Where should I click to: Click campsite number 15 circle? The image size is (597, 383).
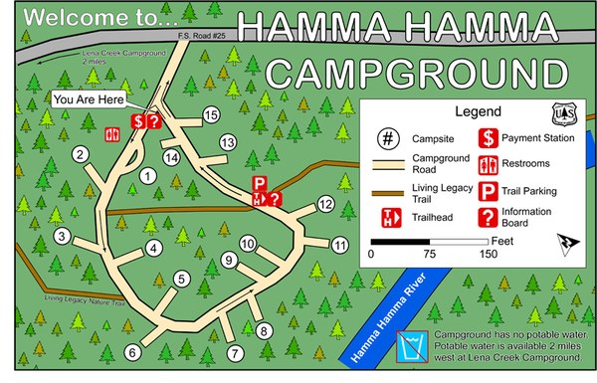point(210,116)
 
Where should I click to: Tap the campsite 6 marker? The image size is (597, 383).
point(134,350)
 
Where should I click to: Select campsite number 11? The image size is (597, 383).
point(341,244)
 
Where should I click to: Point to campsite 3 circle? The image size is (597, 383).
point(63,237)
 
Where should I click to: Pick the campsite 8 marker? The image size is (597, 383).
point(264,330)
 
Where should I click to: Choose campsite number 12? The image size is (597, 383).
point(325,204)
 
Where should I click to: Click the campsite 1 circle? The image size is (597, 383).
point(148,176)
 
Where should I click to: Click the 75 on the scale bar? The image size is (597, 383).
point(430,254)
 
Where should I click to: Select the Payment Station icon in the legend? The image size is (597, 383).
point(490,138)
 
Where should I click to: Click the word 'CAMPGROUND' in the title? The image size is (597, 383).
point(410,73)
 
